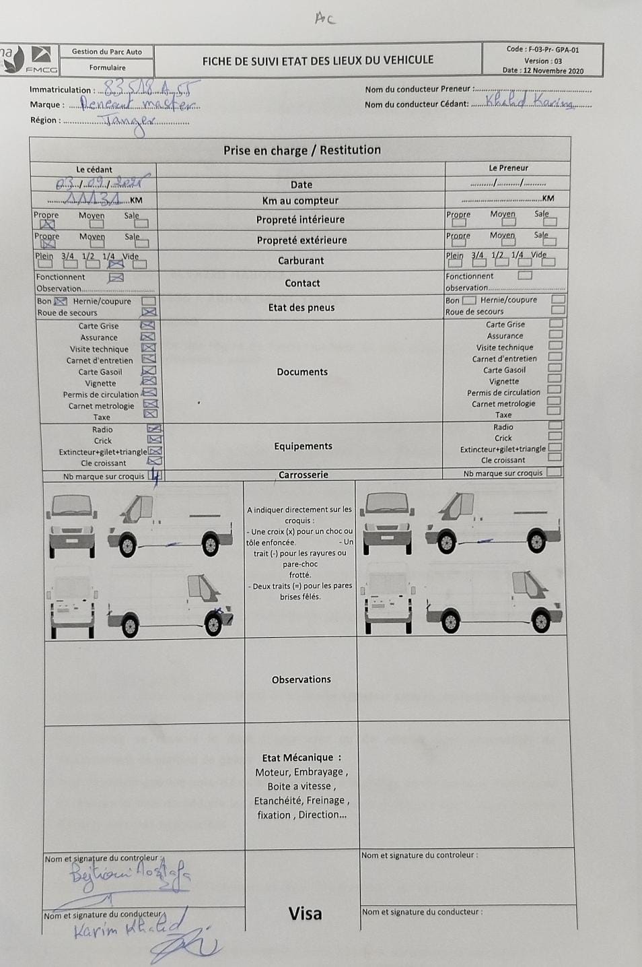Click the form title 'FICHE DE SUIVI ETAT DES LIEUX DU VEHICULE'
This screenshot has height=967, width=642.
318,61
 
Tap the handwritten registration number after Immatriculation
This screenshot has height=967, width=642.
149,88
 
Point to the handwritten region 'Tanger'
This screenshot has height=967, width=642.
130,121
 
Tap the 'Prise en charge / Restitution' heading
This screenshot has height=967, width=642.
301,150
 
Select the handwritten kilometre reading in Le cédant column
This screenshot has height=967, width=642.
94,199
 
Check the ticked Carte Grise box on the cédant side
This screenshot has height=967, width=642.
147,326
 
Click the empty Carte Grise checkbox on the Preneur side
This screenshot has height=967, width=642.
556,324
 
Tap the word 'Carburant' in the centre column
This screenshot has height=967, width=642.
301,261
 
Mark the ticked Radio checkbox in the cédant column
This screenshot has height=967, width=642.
154,429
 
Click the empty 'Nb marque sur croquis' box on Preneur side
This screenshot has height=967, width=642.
554,473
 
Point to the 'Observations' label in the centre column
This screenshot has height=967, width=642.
301,679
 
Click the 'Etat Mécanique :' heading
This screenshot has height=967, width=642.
301,758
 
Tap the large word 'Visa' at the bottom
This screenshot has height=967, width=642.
305,914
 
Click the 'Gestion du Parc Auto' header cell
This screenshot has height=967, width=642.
107,51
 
